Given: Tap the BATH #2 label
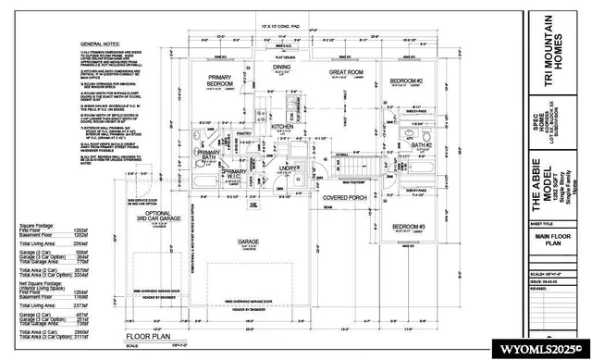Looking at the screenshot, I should pyautogui.click(x=422, y=145).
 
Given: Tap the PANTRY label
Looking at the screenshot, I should pyautogui.click(x=244, y=135).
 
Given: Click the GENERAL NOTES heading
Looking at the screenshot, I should pyautogui.click(x=105, y=43).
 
